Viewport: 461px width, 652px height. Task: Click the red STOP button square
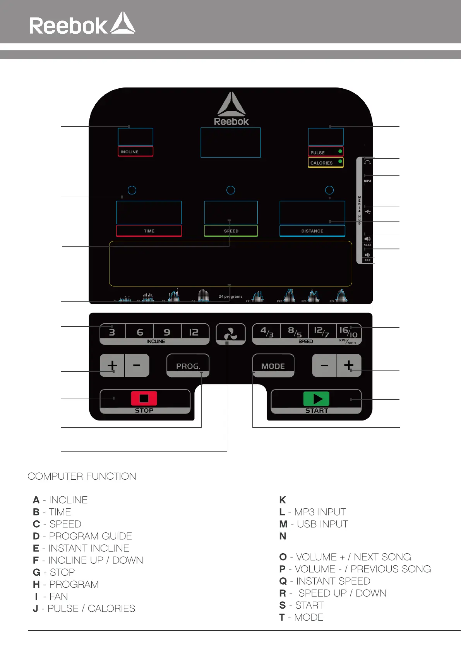point(144,398)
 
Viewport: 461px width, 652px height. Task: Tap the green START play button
point(316,399)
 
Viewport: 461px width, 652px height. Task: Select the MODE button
point(273,366)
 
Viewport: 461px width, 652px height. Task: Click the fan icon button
point(230,333)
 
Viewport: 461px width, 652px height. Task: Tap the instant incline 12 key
point(194,332)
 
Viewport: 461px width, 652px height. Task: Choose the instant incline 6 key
point(140,332)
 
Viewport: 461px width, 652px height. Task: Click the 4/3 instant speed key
point(267,332)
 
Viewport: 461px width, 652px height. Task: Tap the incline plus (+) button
point(112,365)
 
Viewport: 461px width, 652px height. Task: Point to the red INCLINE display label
point(135,152)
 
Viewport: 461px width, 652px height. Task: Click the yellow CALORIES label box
point(326,163)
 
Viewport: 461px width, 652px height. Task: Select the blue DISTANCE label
point(312,231)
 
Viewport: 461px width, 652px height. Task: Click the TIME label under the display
point(149,231)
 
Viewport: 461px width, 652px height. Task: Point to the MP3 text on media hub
point(367,181)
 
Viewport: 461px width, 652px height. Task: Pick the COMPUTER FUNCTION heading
point(82,476)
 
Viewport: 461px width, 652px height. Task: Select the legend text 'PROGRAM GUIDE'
point(91,536)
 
